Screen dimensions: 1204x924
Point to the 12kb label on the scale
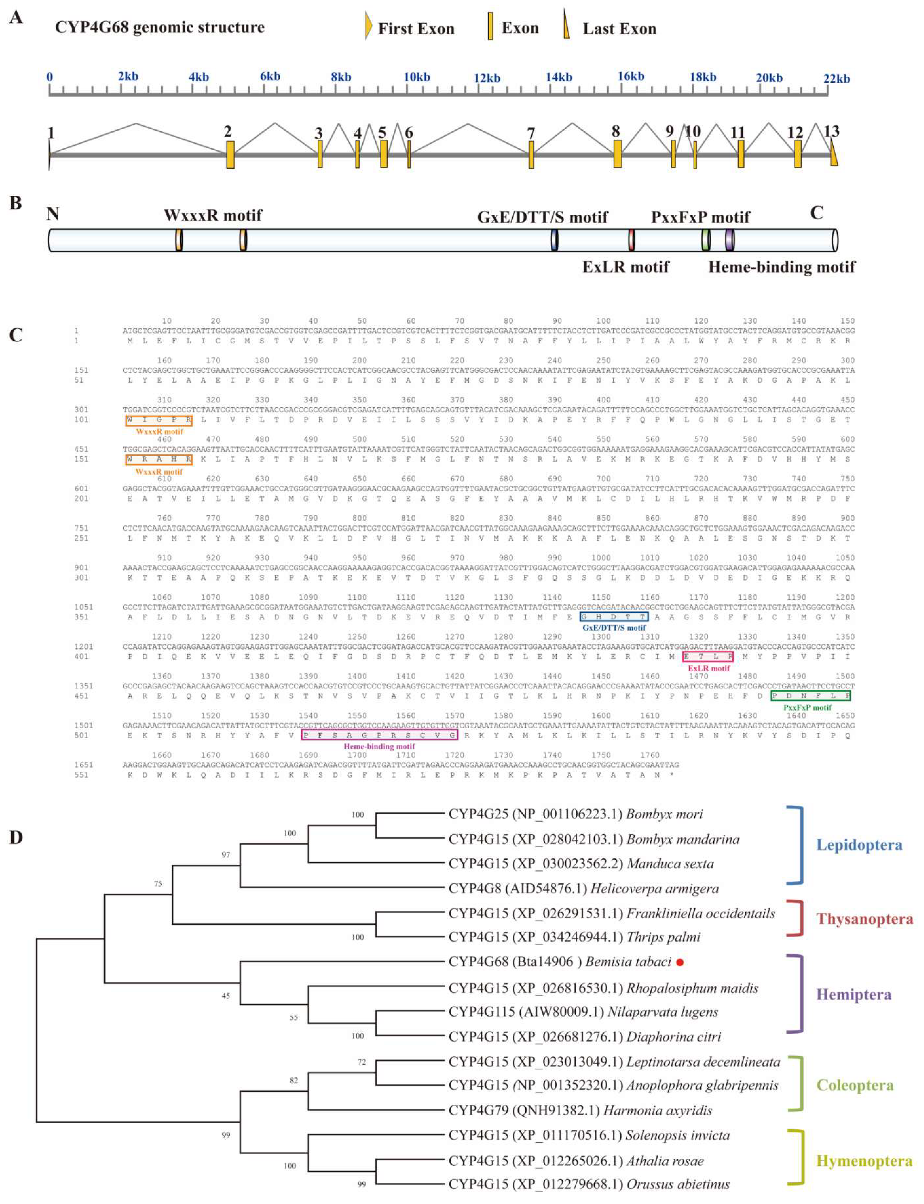(x=487, y=78)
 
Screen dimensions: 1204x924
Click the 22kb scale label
(x=836, y=79)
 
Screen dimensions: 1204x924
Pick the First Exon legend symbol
(x=368, y=27)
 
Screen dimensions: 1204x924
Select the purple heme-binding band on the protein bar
(x=729, y=240)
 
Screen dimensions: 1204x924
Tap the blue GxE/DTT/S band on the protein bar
(x=554, y=240)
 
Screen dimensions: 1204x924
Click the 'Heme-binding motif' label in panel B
(x=781, y=267)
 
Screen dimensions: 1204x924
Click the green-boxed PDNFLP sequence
(x=811, y=695)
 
